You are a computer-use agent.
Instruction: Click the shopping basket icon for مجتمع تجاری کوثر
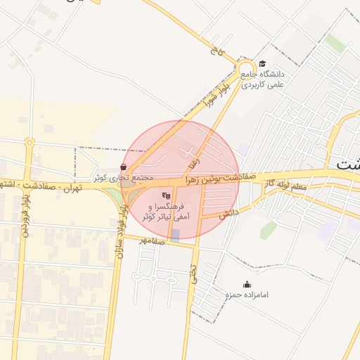[x=124, y=167]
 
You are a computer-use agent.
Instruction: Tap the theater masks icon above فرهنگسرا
[x=166, y=195]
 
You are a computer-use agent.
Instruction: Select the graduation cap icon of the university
[x=262, y=64]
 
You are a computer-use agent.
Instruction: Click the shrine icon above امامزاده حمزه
[x=247, y=284]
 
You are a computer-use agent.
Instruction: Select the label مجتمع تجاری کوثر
[x=124, y=178]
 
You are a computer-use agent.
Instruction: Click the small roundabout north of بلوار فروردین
[x=30, y=142]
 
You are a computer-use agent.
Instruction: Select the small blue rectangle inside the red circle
[x=176, y=235]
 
